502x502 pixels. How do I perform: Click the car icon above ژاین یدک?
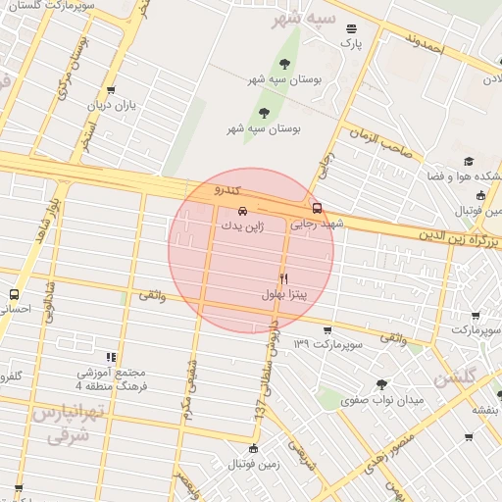coord(242,211)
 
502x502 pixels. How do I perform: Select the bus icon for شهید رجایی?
coord(317,208)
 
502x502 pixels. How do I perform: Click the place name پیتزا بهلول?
coord(284,294)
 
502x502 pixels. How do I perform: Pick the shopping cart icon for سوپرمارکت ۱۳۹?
coord(326,330)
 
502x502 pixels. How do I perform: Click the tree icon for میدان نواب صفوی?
coord(381,384)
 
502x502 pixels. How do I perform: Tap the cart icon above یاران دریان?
coord(111,90)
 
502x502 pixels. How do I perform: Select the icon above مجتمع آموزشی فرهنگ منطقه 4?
coord(111,358)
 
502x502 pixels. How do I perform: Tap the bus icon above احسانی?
coord(14,294)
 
